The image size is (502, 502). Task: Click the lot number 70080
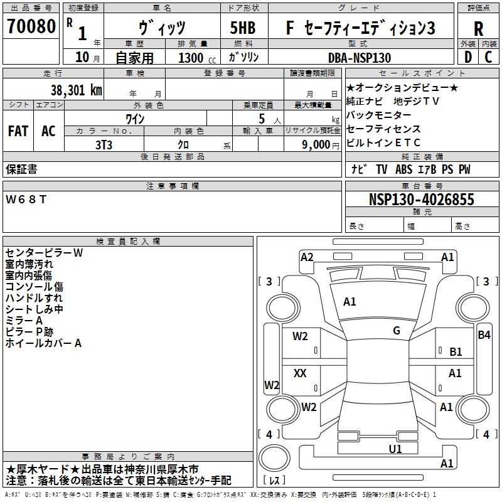tap(31, 26)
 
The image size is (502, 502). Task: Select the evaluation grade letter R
tap(478, 29)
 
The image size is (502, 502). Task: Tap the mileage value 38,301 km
tap(76, 90)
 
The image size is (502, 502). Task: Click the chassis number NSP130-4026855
tap(422, 200)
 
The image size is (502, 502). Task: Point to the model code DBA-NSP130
tap(360, 58)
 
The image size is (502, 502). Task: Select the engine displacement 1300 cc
tap(197, 58)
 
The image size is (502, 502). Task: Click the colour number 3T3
tap(104, 145)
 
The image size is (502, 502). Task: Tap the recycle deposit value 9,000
tap(316, 145)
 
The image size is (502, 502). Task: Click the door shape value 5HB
tap(243, 28)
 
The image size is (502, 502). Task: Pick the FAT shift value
tap(18, 131)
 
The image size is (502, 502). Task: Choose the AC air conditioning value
tap(48, 131)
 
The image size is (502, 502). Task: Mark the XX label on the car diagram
tap(300, 373)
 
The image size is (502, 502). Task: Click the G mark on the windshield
tap(397, 331)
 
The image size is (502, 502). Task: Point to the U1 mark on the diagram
tap(395, 449)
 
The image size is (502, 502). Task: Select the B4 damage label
tap(484, 335)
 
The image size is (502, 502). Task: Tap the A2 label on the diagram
tap(307, 257)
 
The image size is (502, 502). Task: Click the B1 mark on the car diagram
tap(456, 352)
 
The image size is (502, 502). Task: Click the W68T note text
tap(26, 200)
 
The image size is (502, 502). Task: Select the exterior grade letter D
tap(468, 57)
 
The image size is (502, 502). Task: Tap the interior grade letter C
tap(488, 57)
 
